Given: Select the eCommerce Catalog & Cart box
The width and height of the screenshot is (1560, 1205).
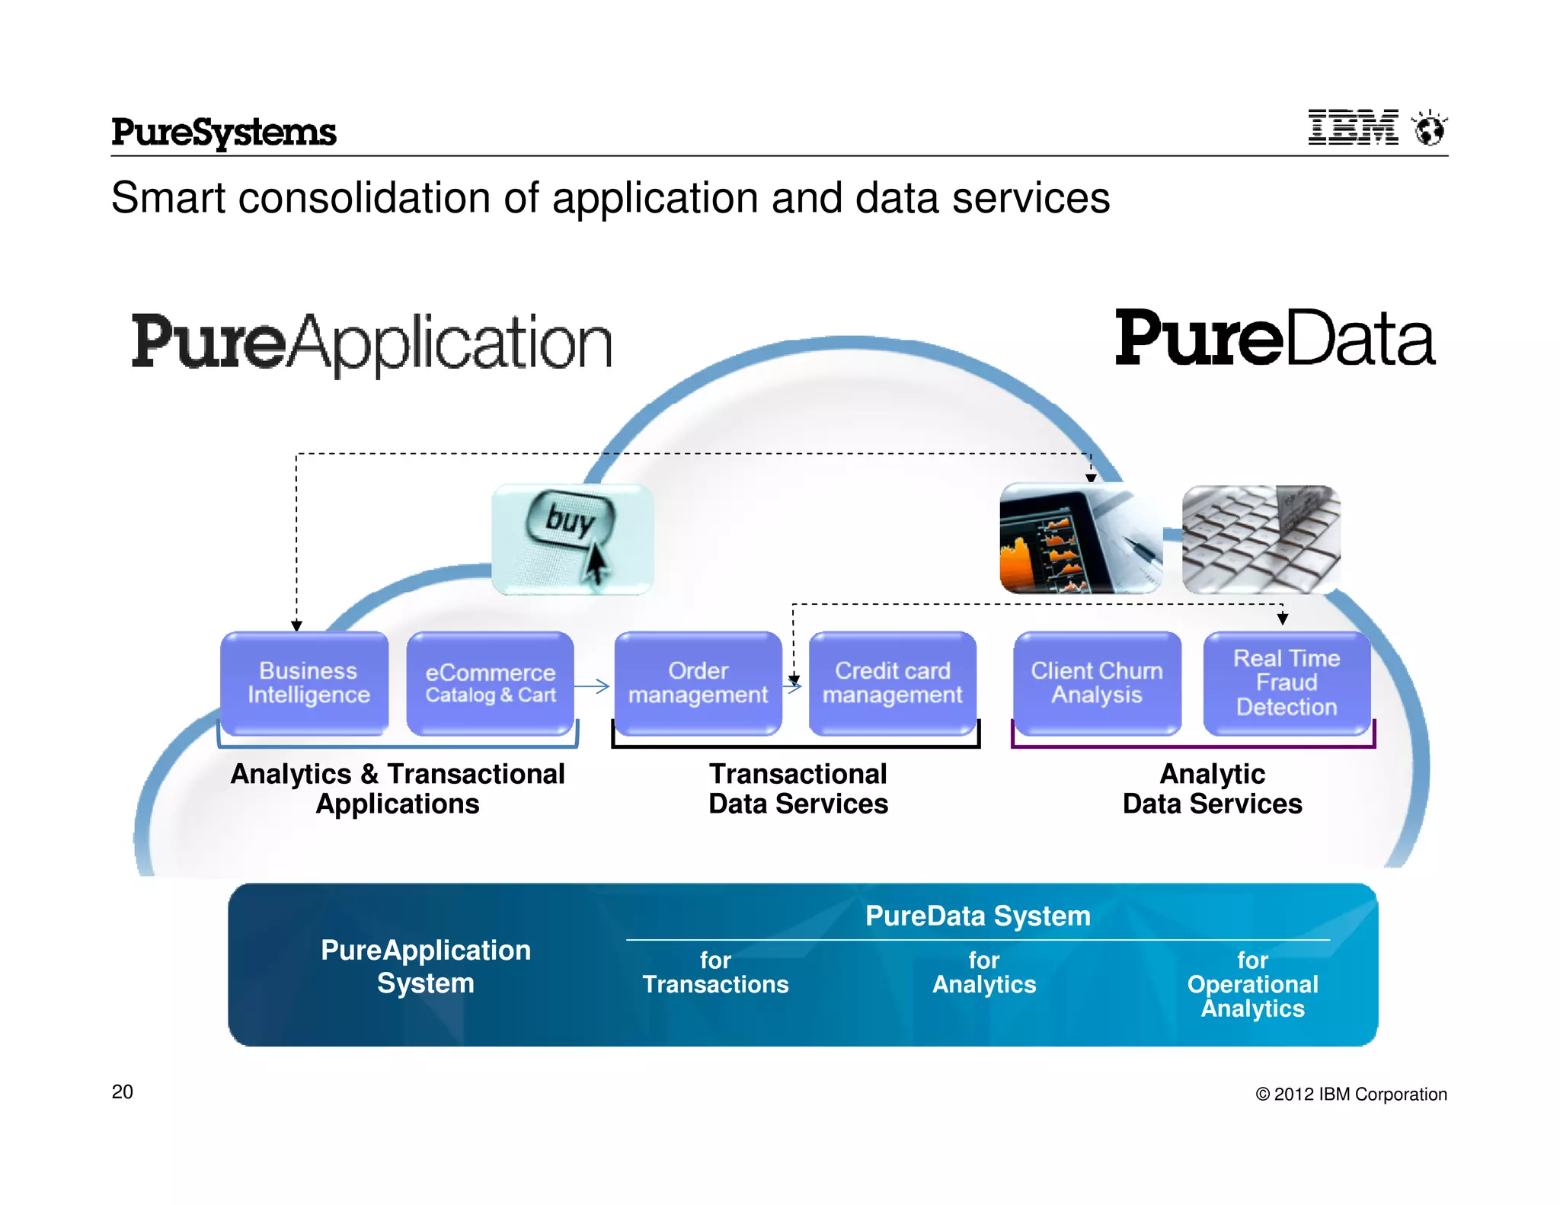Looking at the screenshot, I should coord(490,682).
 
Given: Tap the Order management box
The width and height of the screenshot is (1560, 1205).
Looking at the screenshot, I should coord(698,682).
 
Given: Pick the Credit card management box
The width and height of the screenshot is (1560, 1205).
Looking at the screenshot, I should coord(892,682).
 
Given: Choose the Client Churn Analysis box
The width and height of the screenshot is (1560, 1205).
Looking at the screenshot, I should coord(1097,682).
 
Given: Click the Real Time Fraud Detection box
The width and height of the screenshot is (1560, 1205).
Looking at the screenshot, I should coord(1287,682).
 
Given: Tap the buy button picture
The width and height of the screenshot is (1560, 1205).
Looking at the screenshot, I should coord(573,539).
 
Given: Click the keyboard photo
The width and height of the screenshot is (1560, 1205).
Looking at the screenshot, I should coord(1261,539).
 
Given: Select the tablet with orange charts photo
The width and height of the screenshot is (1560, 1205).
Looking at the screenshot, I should coord(1080,539).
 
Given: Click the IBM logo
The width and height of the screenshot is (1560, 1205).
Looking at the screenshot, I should coord(1353,127).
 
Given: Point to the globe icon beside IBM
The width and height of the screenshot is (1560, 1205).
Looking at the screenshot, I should coord(1429,128).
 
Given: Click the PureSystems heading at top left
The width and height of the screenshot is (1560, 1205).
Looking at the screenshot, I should coord(223,133).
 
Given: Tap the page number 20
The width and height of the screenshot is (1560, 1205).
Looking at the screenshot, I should coord(122,1092).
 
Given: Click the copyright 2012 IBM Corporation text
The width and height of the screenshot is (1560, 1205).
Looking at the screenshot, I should coord(1351,1095).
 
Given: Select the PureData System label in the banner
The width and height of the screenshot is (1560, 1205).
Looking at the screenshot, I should coord(978,916).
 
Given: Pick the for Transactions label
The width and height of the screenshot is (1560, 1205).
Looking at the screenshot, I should coord(715,973).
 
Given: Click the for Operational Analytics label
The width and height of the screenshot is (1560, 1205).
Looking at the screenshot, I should coord(1252,984).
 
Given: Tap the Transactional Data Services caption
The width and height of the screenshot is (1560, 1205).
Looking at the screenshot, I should coord(798,789).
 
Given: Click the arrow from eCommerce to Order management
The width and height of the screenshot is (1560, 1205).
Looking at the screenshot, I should coord(593,686).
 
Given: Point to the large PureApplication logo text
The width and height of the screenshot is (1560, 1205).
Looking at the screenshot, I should coord(372,343).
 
